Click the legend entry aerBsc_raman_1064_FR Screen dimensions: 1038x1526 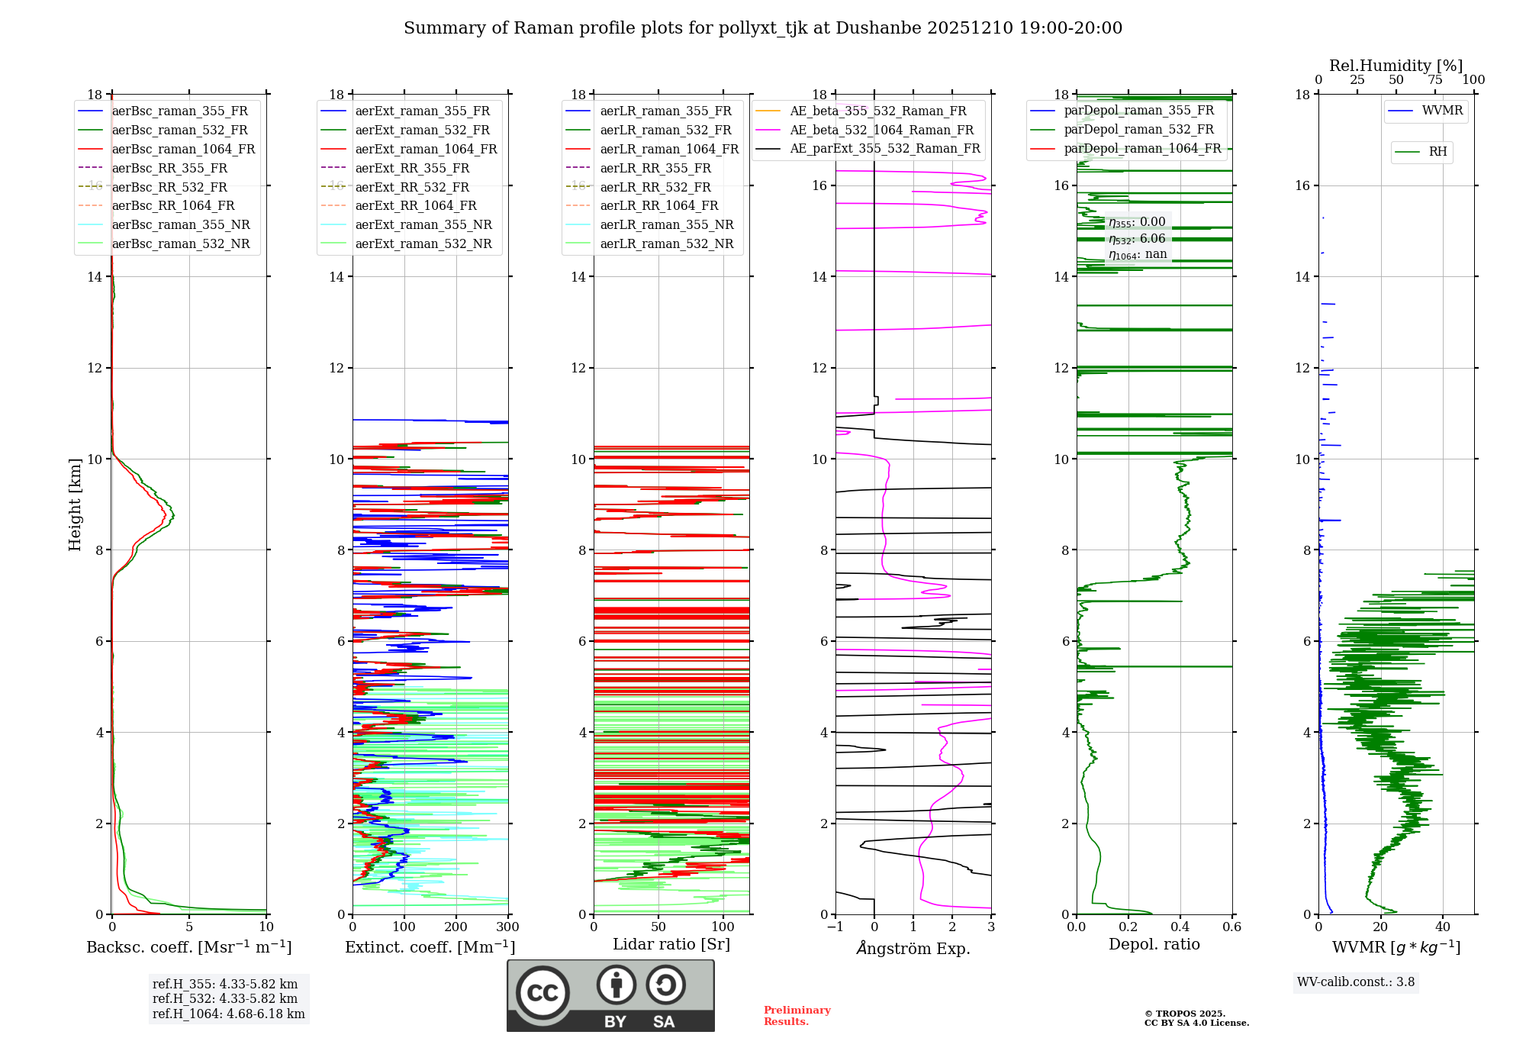183,150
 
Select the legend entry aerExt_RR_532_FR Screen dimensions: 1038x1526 412,187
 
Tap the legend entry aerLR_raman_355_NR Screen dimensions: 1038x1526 666,225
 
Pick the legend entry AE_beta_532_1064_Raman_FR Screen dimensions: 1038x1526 881,131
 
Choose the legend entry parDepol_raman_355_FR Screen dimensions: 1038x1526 1138,111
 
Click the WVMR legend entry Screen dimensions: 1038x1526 1442,111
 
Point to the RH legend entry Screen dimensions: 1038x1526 1437,152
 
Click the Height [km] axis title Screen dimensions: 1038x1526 75,504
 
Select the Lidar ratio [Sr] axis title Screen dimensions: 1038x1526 671,944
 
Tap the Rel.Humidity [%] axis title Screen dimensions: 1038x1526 1396,66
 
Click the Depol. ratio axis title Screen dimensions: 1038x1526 1154,944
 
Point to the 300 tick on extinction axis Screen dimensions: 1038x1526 507,927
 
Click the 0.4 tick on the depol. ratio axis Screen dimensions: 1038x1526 1180,927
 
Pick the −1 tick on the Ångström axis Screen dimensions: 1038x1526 835,927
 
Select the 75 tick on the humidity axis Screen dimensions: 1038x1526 1434,80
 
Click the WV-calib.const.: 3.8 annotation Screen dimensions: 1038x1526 1355,982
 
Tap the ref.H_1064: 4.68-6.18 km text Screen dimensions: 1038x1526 228,1014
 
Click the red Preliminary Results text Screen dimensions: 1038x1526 797,1016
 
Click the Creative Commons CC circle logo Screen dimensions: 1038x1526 542,993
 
